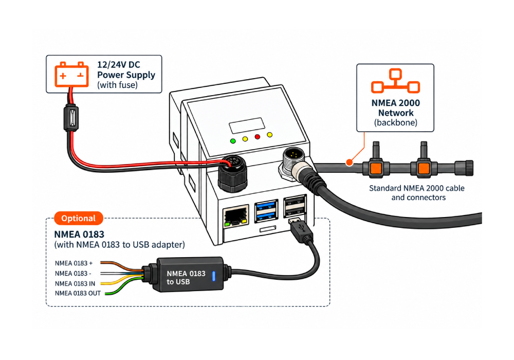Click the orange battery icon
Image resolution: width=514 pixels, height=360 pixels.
(x=71, y=75)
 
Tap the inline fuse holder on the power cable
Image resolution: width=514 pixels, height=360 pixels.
(x=71, y=118)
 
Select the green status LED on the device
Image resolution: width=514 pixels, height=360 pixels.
(x=233, y=141)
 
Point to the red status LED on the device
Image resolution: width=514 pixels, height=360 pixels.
(x=258, y=137)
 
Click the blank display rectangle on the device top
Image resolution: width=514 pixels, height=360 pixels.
(x=247, y=125)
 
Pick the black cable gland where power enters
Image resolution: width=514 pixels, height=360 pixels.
(x=233, y=174)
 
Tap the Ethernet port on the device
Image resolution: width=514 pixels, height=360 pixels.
(x=235, y=217)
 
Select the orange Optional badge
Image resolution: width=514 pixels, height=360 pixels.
(x=78, y=219)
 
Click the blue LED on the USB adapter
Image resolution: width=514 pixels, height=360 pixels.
(x=214, y=276)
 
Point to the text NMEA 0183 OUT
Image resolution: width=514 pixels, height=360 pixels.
(x=78, y=294)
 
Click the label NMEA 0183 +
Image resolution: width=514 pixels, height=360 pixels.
(x=74, y=263)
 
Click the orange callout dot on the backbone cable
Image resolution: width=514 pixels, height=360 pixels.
(x=350, y=163)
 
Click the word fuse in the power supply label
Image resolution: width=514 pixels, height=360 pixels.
(x=126, y=85)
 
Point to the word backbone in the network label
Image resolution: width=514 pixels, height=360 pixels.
(x=396, y=122)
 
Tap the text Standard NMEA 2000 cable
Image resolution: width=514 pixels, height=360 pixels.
(x=417, y=188)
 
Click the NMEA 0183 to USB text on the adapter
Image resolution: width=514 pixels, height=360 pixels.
(x=186, y=278)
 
